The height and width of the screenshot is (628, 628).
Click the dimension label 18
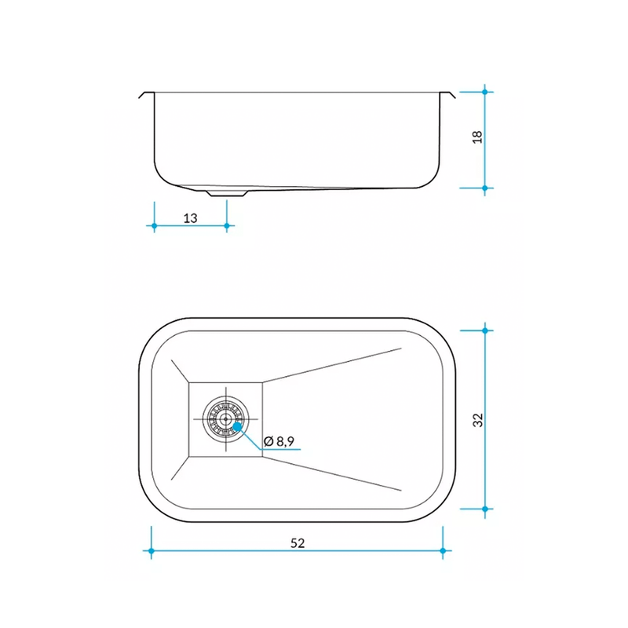[x=477, y=137]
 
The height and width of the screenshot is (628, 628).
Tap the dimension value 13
[x=190, y=218]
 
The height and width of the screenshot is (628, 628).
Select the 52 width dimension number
[x=298, y=543]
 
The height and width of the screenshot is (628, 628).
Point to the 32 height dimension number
[x=478, y=420]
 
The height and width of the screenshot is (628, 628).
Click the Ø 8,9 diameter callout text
[x=279, y=441]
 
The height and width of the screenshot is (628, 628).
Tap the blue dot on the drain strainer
[x=238, y=426]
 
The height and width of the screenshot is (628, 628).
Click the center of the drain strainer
[x=226, y=419]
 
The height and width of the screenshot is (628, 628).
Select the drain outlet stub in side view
[x=227, y=193]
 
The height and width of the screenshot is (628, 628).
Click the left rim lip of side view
[x=146, y=95]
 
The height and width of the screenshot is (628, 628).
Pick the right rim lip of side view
[x=447, y=95]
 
